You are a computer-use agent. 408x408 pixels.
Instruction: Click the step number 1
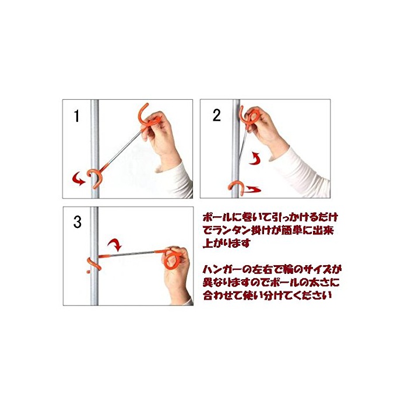click(76, 116)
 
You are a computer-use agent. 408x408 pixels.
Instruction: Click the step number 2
click(216, 115)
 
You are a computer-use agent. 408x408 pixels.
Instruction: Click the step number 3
click(78, 223)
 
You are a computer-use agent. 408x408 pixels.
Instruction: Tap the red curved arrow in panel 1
click(79, 179)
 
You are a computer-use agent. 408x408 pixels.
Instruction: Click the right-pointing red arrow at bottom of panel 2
click(251, 189)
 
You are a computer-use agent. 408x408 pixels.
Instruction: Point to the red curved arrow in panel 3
click(115, 245)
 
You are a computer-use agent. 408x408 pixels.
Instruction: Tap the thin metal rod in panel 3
click(133, 254)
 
